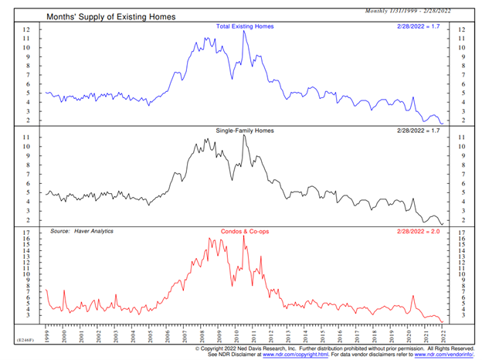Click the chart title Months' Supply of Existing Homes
click(111, 15)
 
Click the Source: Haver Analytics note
click(82, 231)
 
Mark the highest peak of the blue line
click(244, 31)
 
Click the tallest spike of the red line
click(244, 236)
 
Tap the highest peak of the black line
click(243, 136)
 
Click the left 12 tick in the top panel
click(27, 29)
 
